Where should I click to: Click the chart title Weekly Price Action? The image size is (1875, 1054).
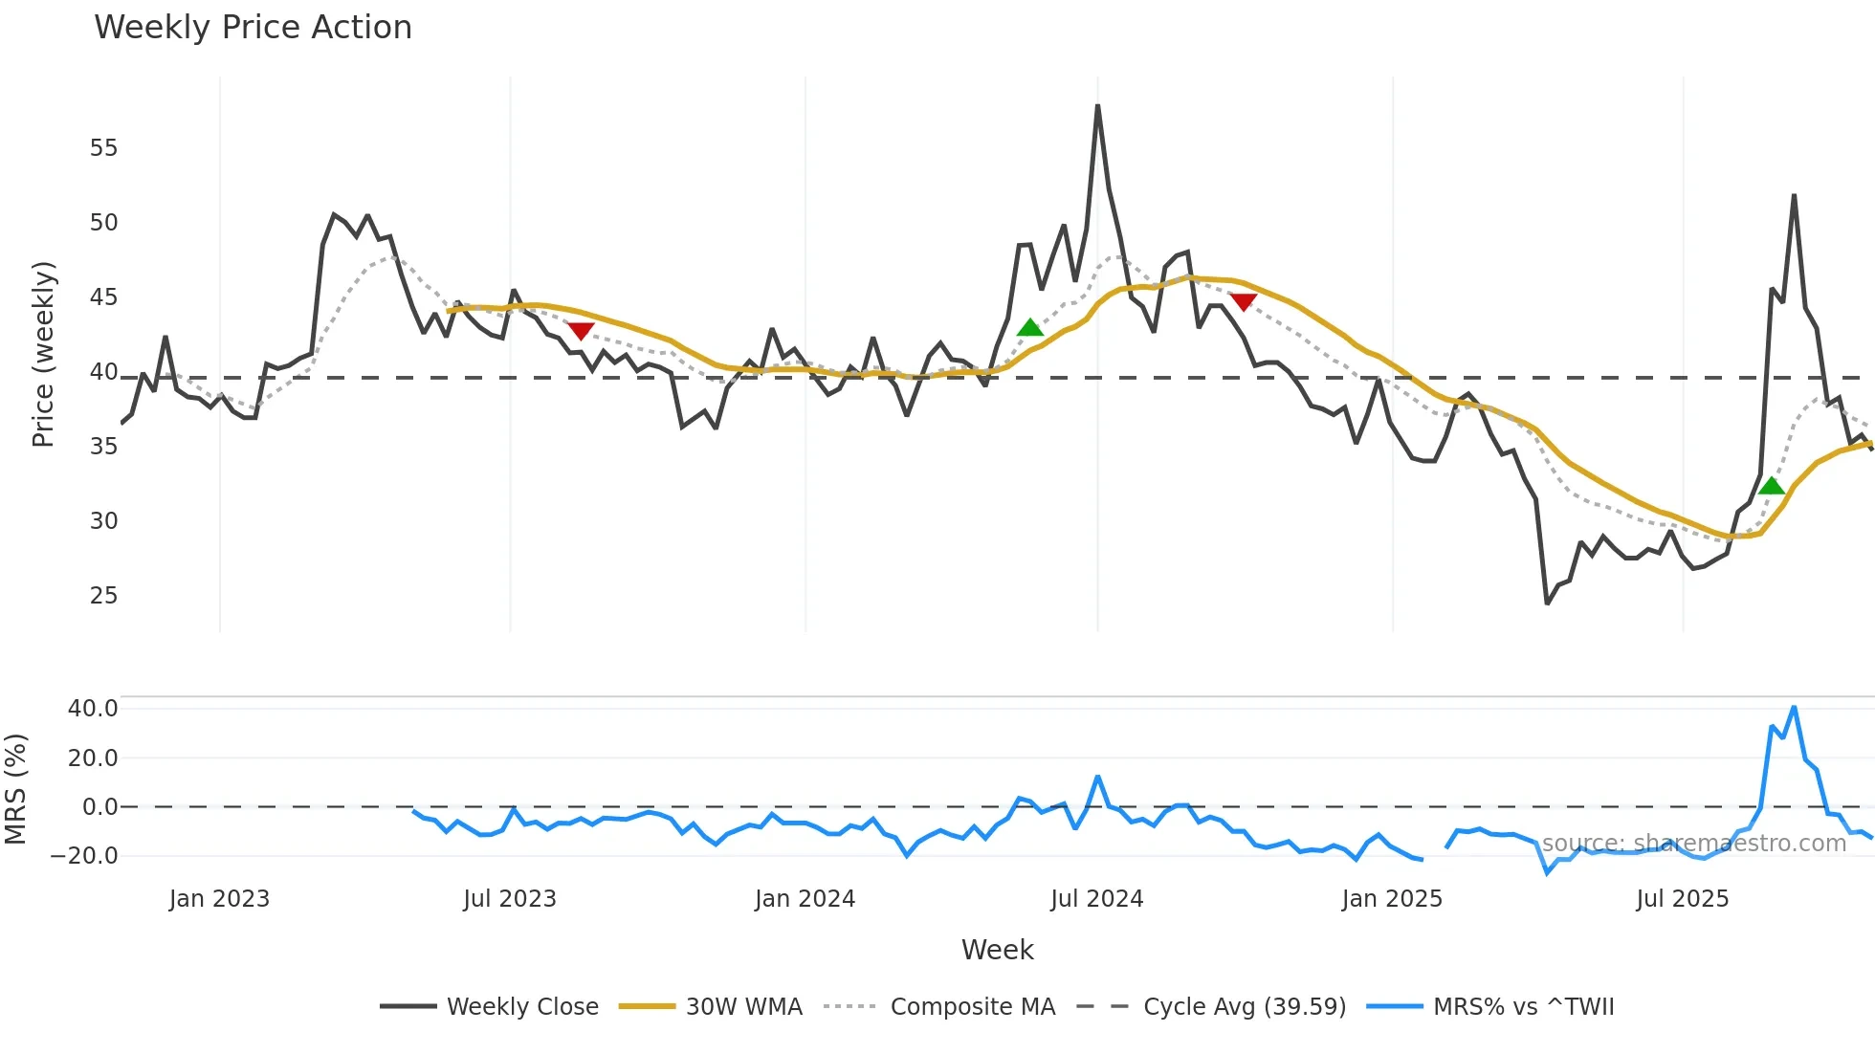[253, 27]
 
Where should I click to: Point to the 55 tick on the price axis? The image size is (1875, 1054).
[103, 148]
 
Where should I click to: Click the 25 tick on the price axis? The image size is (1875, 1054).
[103, 596]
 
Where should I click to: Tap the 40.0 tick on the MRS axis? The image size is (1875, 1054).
[93, 709]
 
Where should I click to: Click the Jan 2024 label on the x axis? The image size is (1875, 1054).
[805, 899]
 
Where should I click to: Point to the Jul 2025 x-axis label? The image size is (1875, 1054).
[1682, 899]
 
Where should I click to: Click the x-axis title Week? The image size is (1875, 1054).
[997, 950]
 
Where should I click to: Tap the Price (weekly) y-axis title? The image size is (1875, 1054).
[43, 355]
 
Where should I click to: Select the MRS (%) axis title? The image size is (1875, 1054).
[15, 789]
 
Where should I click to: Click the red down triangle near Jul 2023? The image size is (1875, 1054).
[581, 331]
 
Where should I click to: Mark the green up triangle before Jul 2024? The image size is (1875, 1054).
[1029, 328]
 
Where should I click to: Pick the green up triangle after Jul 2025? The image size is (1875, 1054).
[1772, 486]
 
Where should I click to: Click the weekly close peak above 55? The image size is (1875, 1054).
[1097, 106]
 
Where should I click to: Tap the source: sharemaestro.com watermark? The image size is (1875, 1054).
[1693, 844]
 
